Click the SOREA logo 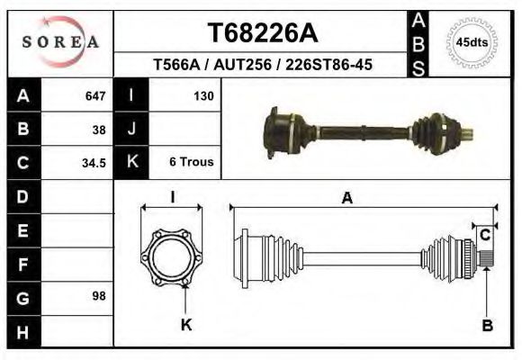coord(61,41)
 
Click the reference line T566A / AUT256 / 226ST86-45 coord(262,65)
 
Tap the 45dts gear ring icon coord(472,41)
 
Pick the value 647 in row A coord(94,95)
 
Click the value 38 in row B coord(98,129)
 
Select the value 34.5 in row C coord(94,163)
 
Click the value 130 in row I coord(202,95)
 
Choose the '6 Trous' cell coord(191,163)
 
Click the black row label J coord(131,129)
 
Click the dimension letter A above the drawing coord(347,200)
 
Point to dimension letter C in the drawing coord(484,235)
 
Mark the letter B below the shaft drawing coord(487,326)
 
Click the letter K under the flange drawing coord(186,325)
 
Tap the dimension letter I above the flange coord(173,198)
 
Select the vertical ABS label coord(418,42)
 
